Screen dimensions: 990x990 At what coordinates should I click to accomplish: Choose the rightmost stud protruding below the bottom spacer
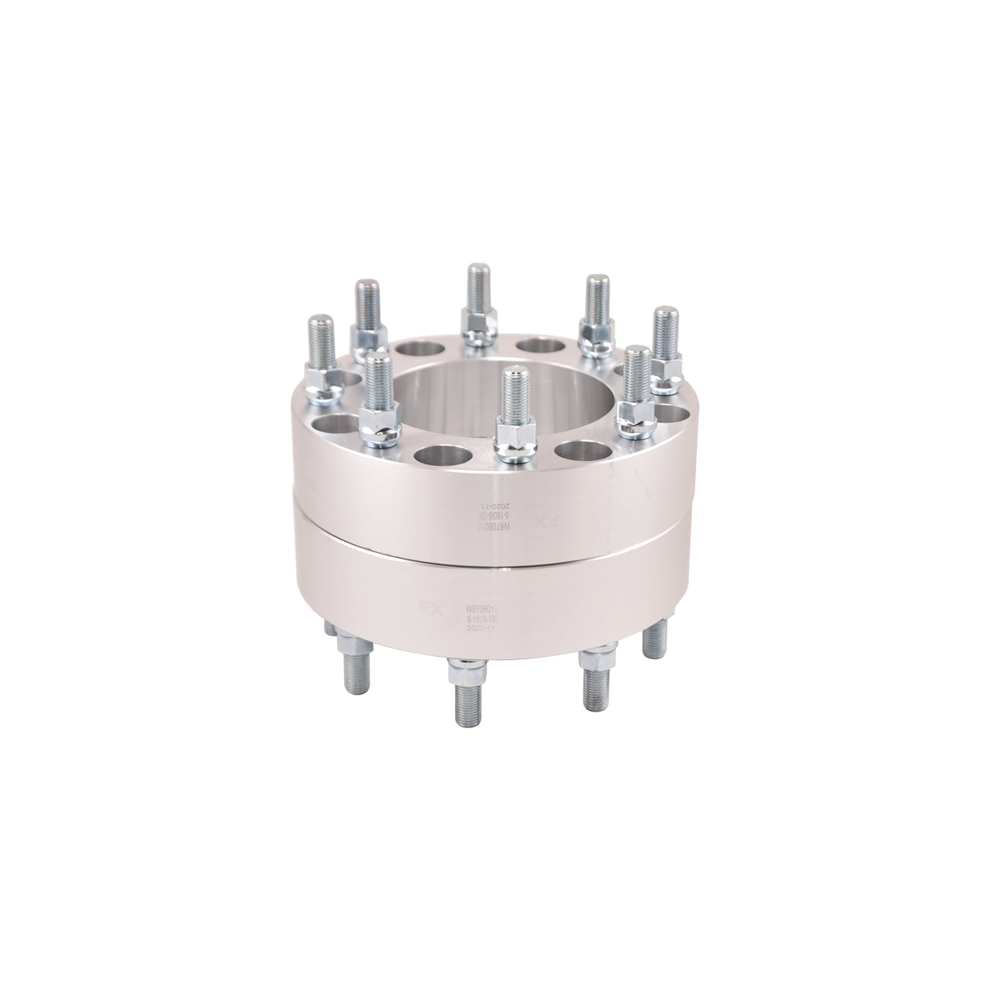(x=654, y=637)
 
